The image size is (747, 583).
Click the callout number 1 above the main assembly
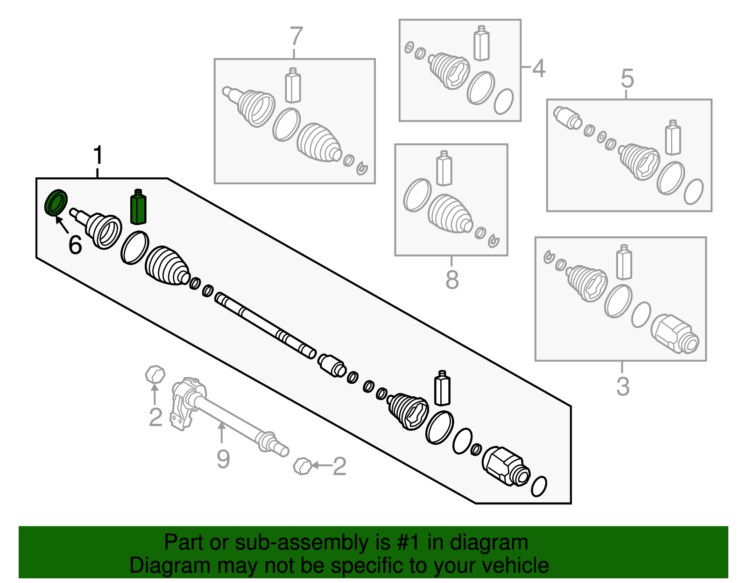(98, 155)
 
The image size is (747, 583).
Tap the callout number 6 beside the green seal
(75, 245)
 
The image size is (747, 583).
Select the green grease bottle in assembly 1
(138, 208)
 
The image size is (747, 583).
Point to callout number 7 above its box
(296, 36)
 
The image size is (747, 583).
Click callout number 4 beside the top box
(539, 68)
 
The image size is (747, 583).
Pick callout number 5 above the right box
(627, 78)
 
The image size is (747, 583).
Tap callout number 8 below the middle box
(452, 280)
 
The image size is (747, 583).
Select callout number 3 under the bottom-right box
(623, 386)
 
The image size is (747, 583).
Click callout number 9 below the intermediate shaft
(223, 459)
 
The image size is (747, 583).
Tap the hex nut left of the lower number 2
(303, 465)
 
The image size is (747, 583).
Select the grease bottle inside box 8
(444, 169)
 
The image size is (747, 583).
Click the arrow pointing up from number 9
(222, 432)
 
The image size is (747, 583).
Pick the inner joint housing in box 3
(675, 334)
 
